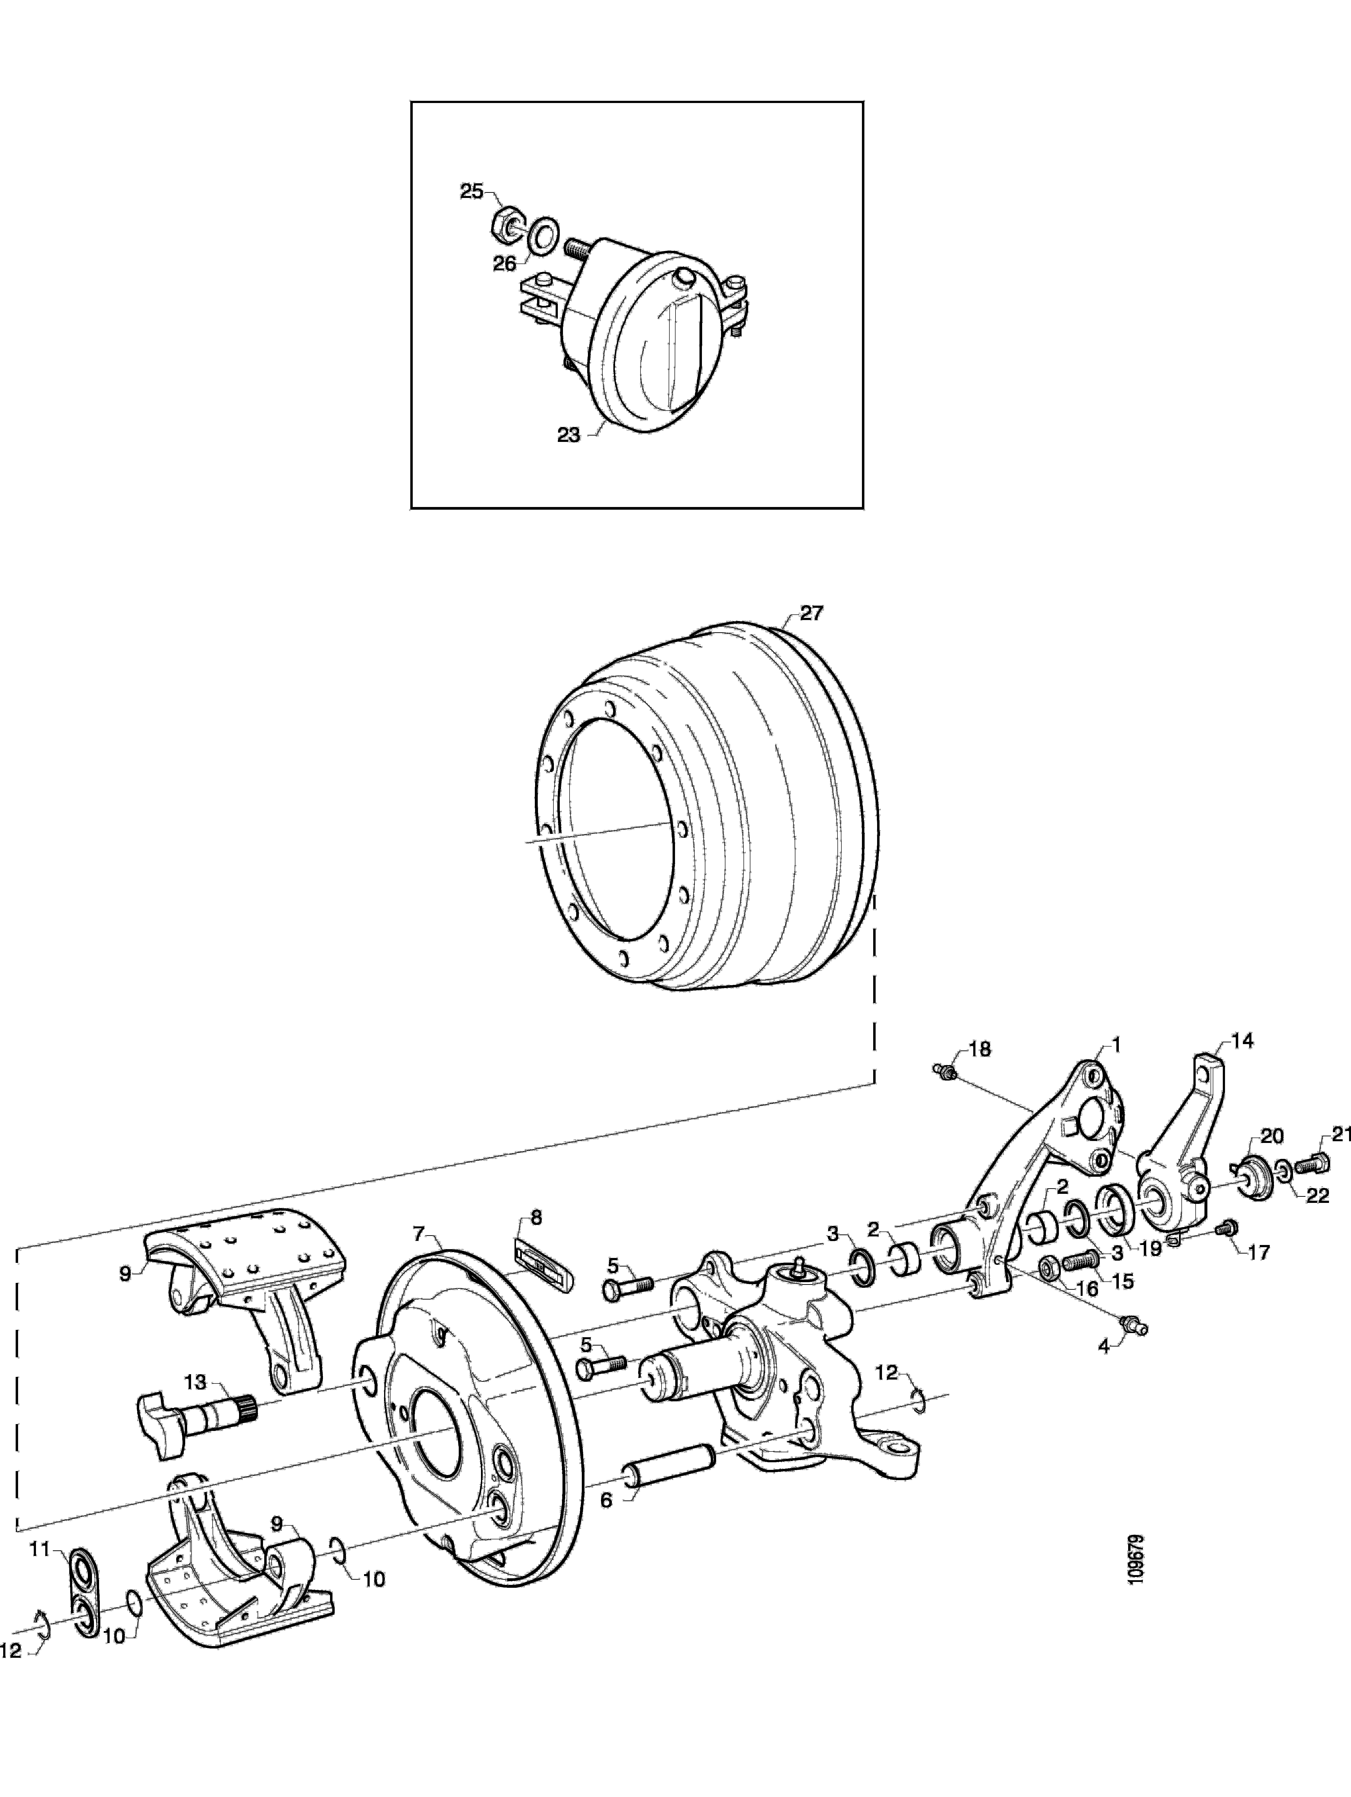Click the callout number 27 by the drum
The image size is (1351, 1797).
tap(811, 613)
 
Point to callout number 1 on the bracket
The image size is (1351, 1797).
tap(1116, 1044)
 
